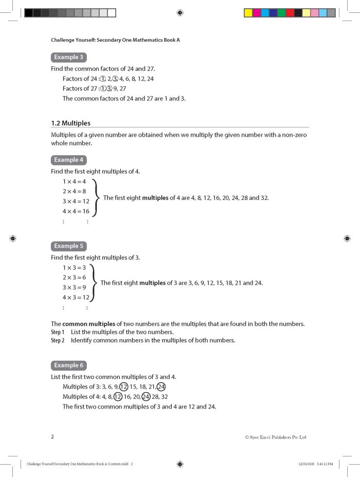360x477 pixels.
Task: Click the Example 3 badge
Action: pos(69,57)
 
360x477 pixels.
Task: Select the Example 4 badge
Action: pos(69,160)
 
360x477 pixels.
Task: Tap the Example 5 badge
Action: pos(69,246)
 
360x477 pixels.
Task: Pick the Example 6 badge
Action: pos(69,365)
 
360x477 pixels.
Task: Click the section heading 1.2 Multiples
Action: pos(70,123)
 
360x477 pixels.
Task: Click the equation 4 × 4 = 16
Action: pos(76,211)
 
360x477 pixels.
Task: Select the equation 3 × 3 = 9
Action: pos(74,287)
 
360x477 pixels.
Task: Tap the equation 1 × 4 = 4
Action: pos(74,181)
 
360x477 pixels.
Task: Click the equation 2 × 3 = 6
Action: pos(74,278)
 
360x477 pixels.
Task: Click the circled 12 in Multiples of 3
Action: pos(123,387)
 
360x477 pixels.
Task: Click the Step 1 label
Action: pos(58,332)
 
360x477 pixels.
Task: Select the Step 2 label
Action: pos(58,340)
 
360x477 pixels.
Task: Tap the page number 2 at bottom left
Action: pos(52,436)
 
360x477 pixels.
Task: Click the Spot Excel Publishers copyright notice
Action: pos(276,437)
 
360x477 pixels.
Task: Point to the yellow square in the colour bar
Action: pos(248,13)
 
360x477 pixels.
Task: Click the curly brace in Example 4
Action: pos(97,197)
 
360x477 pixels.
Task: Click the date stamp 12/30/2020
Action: pos(306,464)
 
